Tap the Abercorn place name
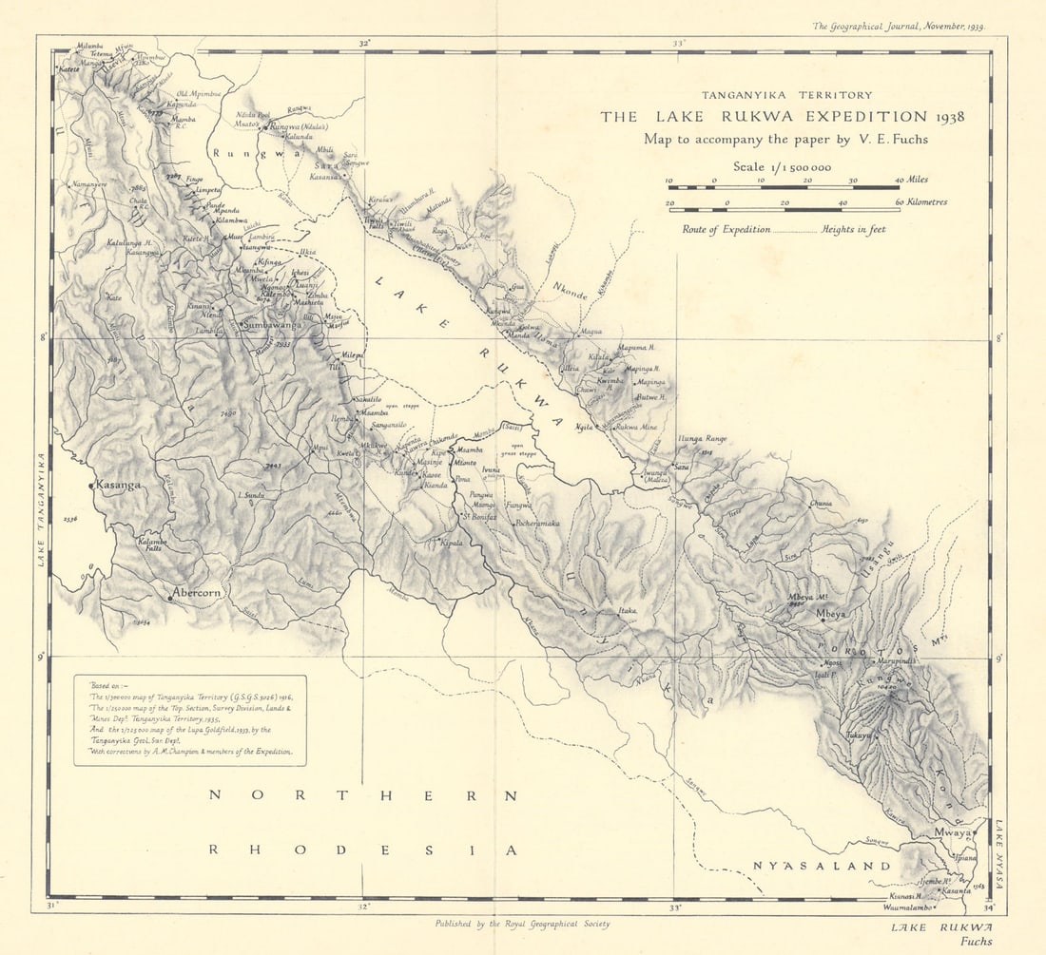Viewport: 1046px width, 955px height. (198, 593)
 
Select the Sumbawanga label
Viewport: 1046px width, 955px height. (272, 325)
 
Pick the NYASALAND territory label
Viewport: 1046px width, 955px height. (822, 866)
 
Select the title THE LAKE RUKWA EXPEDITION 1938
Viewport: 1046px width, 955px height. (782, 117)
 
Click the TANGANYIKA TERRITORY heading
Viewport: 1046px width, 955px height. (786, 95)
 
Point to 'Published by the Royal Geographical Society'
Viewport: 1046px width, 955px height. (522, 923)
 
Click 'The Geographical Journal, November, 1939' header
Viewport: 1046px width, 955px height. (899, 28)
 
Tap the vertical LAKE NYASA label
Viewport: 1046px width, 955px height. (1001, 854)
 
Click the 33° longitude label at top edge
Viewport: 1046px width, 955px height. (678, 43)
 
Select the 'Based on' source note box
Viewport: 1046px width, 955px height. (190, 720)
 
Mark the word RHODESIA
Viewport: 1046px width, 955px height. (362, 849)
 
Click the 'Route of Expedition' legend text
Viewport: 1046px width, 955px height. (726, 229)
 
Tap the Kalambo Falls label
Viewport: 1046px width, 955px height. (152, 544)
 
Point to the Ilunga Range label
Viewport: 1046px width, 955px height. (703, 438)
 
